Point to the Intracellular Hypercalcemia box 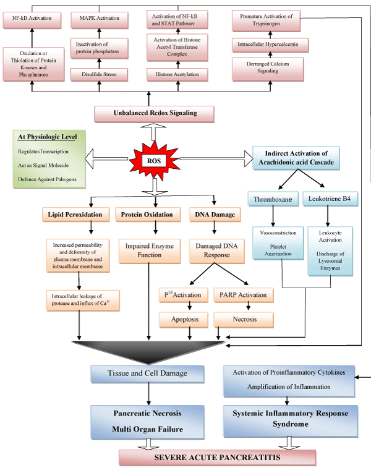[x=270, y=45]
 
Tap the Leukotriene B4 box [x=334, y=200]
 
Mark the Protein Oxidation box [x=147, y=214]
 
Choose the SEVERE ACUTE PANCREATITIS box [x=218, y=458]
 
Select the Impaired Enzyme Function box [x=147, y=250]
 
